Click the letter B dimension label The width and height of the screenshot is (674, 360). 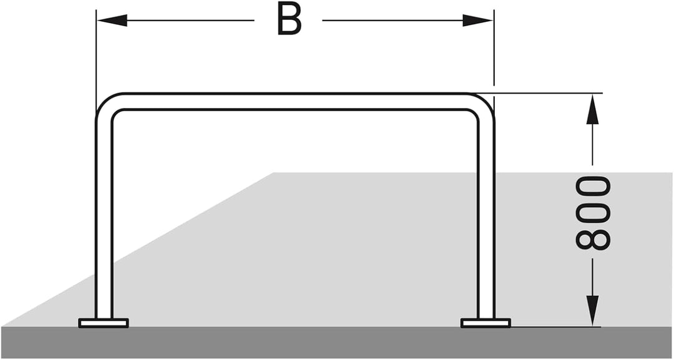click(x=290, y=19)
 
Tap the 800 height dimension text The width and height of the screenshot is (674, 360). click(x=593, y=213)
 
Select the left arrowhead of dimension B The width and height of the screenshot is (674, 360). click(x=112, y=20)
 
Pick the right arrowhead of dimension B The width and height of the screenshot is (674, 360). click(x=477, y=20)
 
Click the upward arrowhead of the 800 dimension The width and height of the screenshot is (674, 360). click(x=593, y=110)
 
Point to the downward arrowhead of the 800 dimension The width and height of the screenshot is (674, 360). click(x=593, y=311)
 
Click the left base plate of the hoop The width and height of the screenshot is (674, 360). click(x=104, y=323)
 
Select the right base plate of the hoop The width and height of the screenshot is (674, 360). click(x=486, y=323)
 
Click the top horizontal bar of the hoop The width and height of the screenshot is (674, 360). click(x=295, y=101)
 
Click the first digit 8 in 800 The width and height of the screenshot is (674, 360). click(x=593, y=240)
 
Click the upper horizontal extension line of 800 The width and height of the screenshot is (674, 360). click(x=537, y=93)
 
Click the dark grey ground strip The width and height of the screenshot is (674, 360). click(x=337, y=343)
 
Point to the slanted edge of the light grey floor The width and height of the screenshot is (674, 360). click(x=137, y=249)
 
